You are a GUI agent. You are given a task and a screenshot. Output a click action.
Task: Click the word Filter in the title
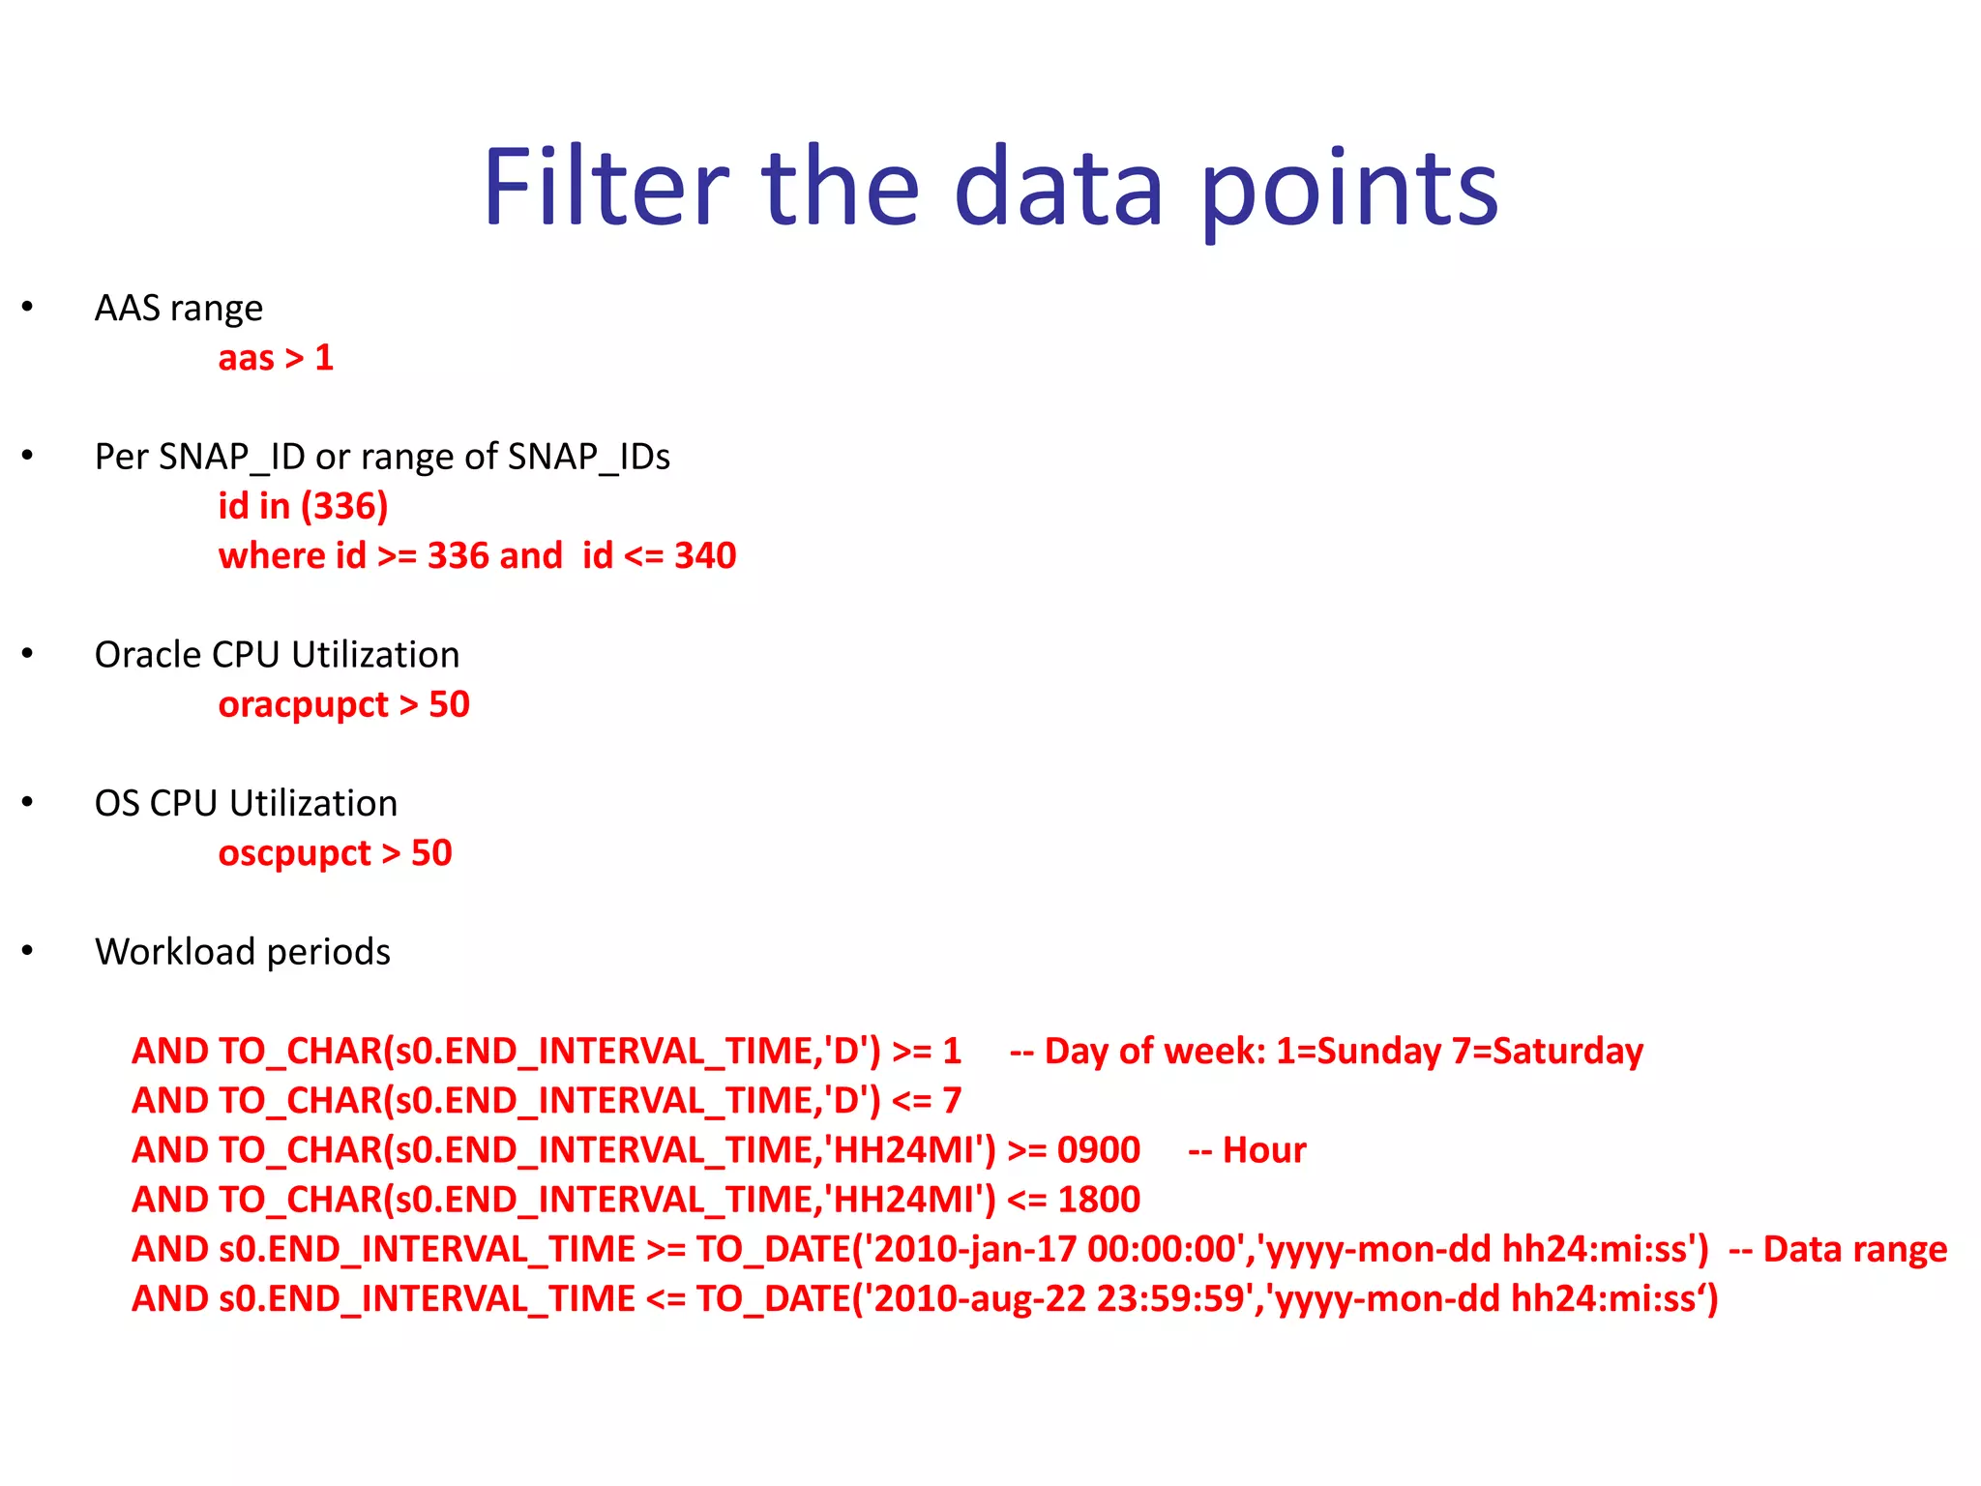606,187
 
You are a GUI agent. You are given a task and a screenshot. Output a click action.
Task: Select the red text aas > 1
276,358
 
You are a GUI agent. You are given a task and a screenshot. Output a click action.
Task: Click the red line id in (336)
303,506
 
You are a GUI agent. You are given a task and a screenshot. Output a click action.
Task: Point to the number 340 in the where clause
705,556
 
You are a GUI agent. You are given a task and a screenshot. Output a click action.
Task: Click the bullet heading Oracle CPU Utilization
277,655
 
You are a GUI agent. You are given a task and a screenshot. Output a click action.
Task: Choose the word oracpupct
303,705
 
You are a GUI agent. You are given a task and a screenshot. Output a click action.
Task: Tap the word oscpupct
294,853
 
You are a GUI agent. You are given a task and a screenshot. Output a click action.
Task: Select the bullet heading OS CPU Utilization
246,804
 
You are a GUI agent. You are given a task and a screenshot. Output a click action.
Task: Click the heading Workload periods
243,952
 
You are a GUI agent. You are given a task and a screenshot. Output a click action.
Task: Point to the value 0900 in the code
1099,1150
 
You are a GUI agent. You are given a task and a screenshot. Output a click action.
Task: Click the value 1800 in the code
1099,1200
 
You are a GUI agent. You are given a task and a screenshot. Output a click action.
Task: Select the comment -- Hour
1247,1150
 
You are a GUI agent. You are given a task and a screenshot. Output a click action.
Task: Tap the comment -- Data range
1838,1249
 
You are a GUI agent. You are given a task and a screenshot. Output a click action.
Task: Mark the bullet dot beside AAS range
27,308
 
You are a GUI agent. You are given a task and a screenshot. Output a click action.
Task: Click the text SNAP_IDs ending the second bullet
588,457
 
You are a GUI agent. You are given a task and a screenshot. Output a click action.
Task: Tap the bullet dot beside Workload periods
27,951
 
